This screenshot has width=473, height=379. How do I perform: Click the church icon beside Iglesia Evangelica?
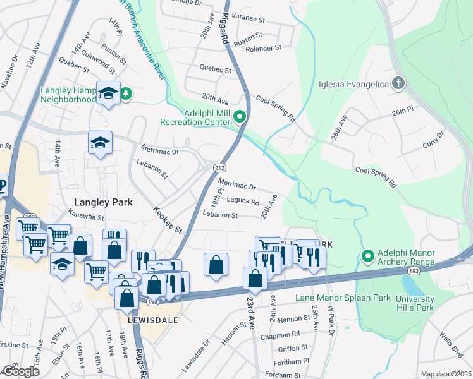[x=398, y=83]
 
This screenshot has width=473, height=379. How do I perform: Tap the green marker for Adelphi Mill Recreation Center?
[x=240, y=116]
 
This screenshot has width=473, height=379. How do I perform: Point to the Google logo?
[x=21, y=371]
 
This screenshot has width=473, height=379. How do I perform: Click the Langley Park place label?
[x=103, y=202]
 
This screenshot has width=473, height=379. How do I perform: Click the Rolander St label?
[x=263, y=48]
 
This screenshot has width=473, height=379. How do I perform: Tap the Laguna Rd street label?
[x=243, y=203]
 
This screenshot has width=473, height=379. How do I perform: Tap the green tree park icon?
[x=126, y=93]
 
